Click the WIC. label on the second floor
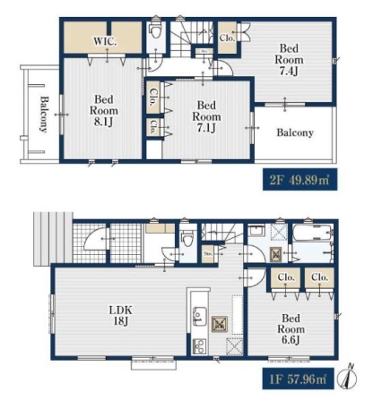[105, 41]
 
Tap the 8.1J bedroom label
[104, 111]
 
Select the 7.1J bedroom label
[206, 116]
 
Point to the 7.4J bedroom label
[289, 60]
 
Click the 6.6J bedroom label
[291, 329]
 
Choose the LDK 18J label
[120, 315]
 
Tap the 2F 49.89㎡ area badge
[299, 180]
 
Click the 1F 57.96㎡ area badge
[298, 378]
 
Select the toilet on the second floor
[155, 30]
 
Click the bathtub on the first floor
[313, 233]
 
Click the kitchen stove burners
[199, 346]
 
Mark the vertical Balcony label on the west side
[44, 115]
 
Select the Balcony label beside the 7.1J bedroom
[295, 132]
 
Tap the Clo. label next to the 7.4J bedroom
[227, 38]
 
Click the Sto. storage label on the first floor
[208, 254]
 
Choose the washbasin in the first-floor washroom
[256, 231]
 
